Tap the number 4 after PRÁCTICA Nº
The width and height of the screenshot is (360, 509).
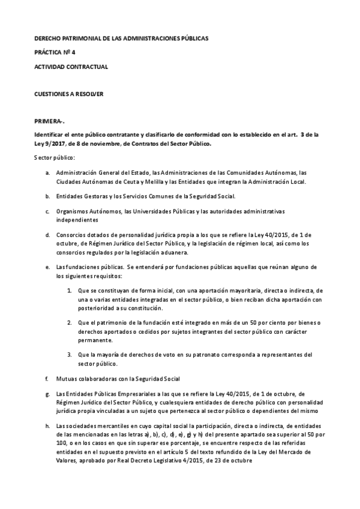point(74,52)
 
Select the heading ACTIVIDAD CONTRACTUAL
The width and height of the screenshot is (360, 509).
point(71,67)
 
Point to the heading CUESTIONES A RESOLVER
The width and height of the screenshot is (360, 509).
point(70,95)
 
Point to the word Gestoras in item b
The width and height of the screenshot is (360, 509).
point(90,196)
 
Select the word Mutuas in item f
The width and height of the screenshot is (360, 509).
point(66,378)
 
